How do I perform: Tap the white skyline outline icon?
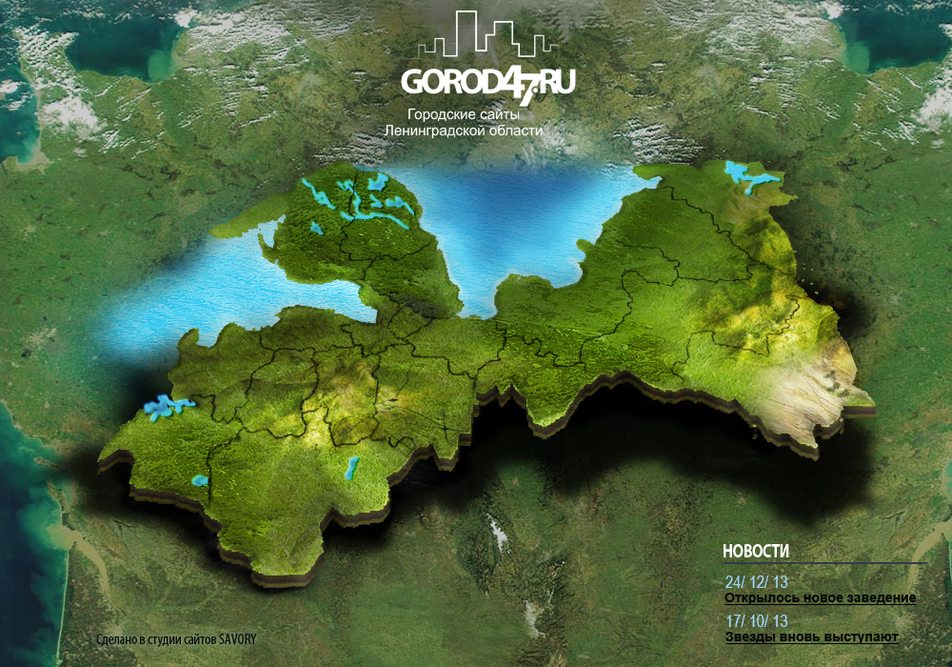pyautogui.click(x=488, y=36)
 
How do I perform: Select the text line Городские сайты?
pyautogui.click(x=463, y=114)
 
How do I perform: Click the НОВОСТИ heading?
pyautogui.click(x=756, y=552)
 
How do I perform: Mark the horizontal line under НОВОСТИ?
pyautogui.click(x=823, y=563)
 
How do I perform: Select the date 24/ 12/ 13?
pyautogui.click(x=757, y=582)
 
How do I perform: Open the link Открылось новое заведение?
pyautogui.click(x=820, y=597)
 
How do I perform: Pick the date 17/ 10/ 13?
pyautogui.click(x=757, y=620)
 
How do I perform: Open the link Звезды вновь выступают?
pyautogui.click(x=811, y=637)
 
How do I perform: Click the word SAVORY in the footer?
pyautogui.click(x=239, y=640)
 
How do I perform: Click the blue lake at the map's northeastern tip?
pyautogui.click(x=751, y=176)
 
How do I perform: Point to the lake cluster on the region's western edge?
pyautogui.click(x=168, y=408)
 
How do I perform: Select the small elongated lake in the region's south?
pyautogui.click(x=350, y=468)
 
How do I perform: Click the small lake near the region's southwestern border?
pyautogui.click(x=200, y=480)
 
